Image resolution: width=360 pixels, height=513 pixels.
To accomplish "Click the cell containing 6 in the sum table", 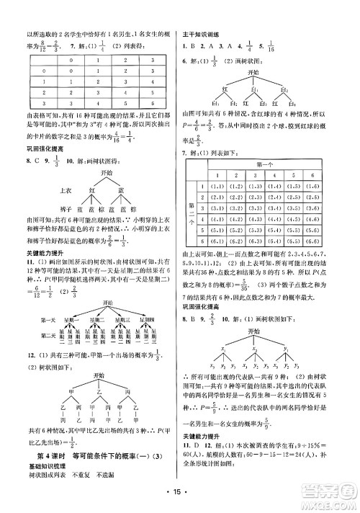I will pos(152,103).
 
